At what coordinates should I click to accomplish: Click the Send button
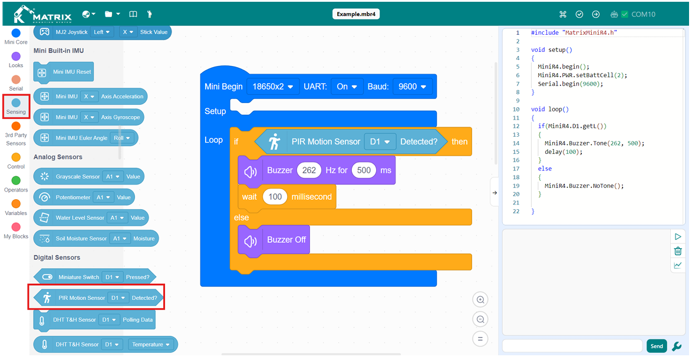click(x=657, y=346)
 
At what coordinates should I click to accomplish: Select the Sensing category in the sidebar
click(x=16, y=106)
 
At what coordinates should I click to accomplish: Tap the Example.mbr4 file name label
click(x=355, y=14)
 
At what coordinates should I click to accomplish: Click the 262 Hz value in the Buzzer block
click(x=309, y=170)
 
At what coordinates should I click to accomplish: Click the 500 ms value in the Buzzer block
click(x=364, y=170)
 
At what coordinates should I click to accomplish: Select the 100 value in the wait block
click(x=275, y=197)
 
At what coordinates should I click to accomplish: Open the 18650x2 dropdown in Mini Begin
click(x=273, y=87)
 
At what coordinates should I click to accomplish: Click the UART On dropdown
click(x=347, y=87)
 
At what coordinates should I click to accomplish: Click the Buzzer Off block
click(x=273, y=240)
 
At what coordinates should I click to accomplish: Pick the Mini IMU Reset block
click(x=64, y=72)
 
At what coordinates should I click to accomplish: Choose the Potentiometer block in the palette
click(x=84, y=197)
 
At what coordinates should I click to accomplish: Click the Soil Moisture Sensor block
click(x=96, y=239)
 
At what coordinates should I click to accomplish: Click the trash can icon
click(x=678, y=251)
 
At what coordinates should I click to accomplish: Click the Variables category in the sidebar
click(x=16, y=207)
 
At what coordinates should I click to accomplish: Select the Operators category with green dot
click(x=16, y=184)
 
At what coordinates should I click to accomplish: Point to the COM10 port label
click(x=643, y=14)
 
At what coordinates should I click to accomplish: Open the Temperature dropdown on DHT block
click(x=150, y=345)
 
